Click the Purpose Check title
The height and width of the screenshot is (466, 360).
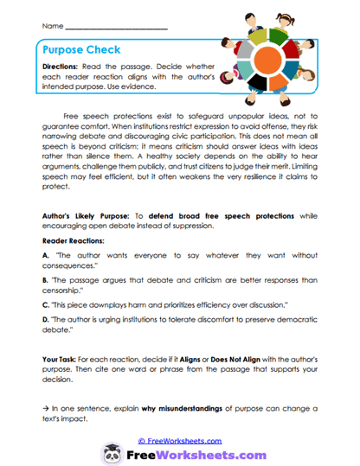(x=83, y=51)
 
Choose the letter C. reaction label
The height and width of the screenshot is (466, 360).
(x=45, y=307)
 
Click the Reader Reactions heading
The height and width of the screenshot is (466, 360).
(x=74, y=241)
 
